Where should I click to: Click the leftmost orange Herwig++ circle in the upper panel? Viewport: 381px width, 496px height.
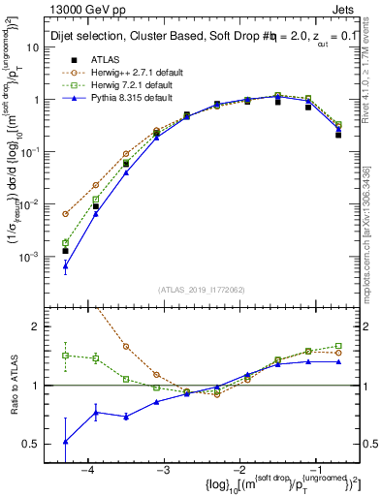(x=65, y=214)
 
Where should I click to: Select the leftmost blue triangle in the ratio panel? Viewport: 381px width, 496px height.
(x=65, y=441)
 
